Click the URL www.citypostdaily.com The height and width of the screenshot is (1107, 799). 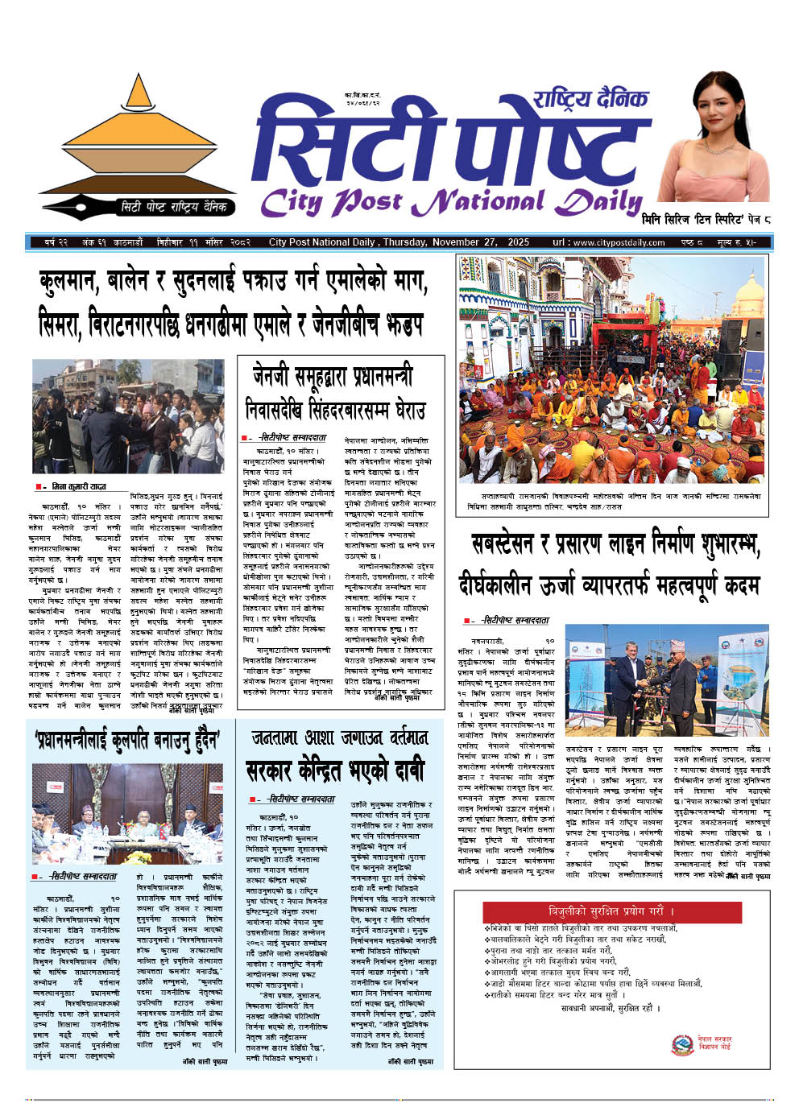point(619,242)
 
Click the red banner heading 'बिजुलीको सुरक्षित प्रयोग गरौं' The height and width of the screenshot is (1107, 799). point(611,911)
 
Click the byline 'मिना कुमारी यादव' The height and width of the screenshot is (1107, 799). point(79,487)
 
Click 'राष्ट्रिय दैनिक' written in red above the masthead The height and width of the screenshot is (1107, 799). point(590,100)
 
